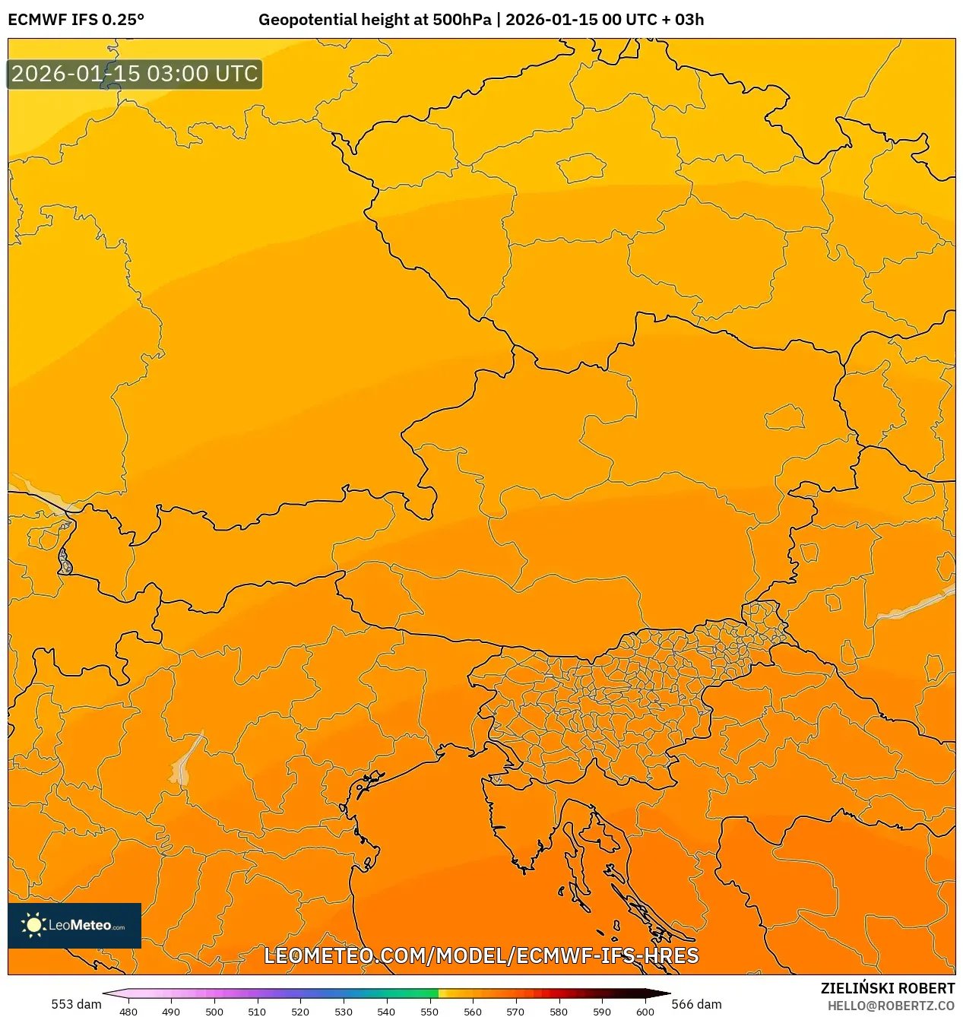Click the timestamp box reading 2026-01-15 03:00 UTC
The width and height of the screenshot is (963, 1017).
(x=135, y=74)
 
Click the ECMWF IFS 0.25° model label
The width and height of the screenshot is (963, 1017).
(x=75, y=19)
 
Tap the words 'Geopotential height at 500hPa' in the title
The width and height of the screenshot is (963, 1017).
(x=375, y=19)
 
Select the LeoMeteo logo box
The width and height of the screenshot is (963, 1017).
(x=74, y=925)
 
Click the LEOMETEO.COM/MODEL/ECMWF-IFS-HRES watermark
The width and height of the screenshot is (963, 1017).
(x=481, y=955)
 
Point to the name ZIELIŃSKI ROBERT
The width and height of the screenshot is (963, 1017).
(x=887, y=988)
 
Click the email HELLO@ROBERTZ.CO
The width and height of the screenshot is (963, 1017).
(x=891, y=1006)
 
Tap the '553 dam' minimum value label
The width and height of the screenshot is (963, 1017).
(x=76, y=1004)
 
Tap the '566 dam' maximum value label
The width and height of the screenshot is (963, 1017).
(x=696, y=1004)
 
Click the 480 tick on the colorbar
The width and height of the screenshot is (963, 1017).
(x=128, y=1011)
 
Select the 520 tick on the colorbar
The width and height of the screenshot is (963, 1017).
(x=300, y=1011)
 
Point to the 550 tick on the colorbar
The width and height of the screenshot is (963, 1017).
(x=429, y=1011)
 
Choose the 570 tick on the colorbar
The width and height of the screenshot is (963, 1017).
(x=515, y=1011)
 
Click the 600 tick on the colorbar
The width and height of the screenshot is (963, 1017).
(x=645, y=1011)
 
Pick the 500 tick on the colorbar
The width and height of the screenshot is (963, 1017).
(x=214, y=1011)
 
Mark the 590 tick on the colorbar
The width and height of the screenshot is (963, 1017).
(x=602, y=1011)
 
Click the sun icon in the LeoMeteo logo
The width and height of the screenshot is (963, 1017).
(x=33, y=925)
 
